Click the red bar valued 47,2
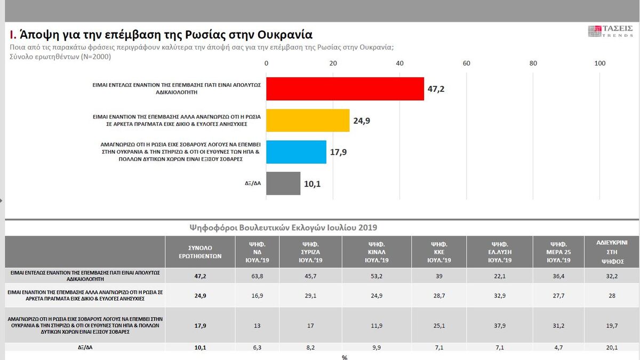tap(345, 89)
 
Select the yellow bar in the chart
tap(308, 120)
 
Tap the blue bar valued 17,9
tap(296, 152)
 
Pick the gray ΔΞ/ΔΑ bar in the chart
tap(283, 183)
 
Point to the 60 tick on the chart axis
tap(466, 63)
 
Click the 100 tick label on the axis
tap(599, 63)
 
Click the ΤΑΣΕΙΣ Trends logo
tap(610, 31)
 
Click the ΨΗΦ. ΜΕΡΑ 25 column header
tap(559, 252)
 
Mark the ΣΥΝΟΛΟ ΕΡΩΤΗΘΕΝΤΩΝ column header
tap(201, 252)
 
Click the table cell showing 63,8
tap(257, 275)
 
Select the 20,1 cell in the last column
tap(612, 348)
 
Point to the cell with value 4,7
tap(558, 348)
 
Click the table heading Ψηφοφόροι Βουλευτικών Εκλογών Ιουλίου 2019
tap(283, 227)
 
